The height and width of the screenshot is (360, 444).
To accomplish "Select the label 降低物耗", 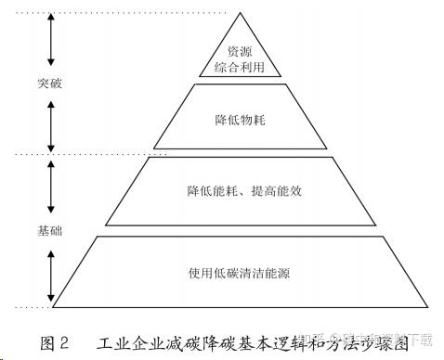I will tap(240, 120).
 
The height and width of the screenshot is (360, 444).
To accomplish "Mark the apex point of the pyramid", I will tap(240, 13).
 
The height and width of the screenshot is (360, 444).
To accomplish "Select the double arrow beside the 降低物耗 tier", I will tap(52, 117).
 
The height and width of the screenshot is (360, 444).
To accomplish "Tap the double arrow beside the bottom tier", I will tap(52, 273).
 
